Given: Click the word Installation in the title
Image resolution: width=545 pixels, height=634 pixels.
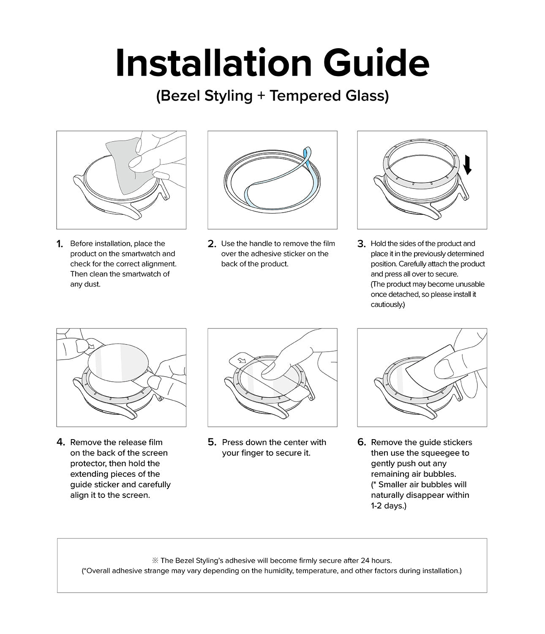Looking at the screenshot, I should pos(213,63).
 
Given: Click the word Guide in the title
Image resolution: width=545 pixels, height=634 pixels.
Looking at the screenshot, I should pos(376,63).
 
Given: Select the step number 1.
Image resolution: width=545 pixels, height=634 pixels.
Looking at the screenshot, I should pos(60,244).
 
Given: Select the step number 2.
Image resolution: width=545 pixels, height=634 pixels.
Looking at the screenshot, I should pos(212,244).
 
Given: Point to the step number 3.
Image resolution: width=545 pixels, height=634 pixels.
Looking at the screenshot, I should pos(361,244).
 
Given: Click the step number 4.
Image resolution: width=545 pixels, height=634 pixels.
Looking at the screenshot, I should pos(60,443).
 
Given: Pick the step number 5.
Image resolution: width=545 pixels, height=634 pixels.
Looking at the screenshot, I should pos(212,443).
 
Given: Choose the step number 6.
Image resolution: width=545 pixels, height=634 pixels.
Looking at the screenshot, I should pos(361,443).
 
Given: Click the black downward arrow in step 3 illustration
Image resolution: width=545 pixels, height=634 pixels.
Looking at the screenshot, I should pos(467,165).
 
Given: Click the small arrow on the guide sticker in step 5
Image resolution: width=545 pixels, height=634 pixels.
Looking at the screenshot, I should pos(241,361).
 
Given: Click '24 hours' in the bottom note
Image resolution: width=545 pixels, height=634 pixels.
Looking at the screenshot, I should pos(376,560).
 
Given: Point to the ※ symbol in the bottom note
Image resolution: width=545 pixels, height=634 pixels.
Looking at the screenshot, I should pos(155,560).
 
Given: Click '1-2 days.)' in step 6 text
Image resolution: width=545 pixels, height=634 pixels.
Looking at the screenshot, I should pos(388,506).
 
